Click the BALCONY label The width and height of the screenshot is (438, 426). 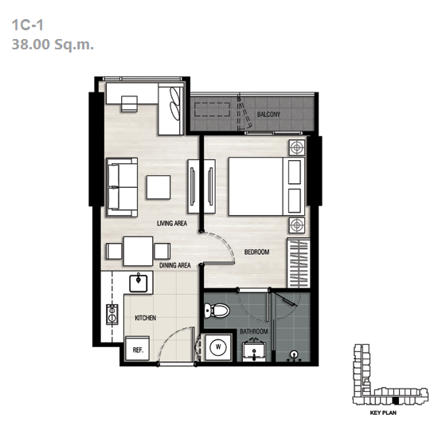click(x=268, y=114)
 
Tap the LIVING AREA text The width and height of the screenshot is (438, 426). click(x=172, y=223)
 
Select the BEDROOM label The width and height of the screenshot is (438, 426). click(x=256, y=252)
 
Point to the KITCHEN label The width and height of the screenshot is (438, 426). click(x=145, y=318)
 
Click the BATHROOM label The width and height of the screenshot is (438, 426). click(x=253, y=331)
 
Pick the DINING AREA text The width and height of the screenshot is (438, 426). click(x=175, y=265)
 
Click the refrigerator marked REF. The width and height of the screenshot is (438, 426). click(x=138, y=348)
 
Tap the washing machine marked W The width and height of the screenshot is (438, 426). click(x=218, y=347)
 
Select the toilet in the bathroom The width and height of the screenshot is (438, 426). click(x=217, y=310)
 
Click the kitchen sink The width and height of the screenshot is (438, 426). click(x=139, y=283)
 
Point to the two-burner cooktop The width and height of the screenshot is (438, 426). click(x=112, y=315)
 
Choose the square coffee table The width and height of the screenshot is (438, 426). click(x=158, y=187)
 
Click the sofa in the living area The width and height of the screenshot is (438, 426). click(x=122, y=187)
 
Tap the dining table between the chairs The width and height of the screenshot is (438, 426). click(x=139, y=251)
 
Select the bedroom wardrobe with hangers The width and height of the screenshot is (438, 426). click(x=299, y=263)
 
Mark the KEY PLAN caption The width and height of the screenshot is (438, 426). click(x=383, y=412)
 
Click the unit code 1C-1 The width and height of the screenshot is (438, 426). click(x=27, y=25)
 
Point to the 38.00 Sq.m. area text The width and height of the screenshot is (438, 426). click(x=53, y=44)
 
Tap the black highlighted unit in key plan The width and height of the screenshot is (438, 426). click(x=396, y=401)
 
